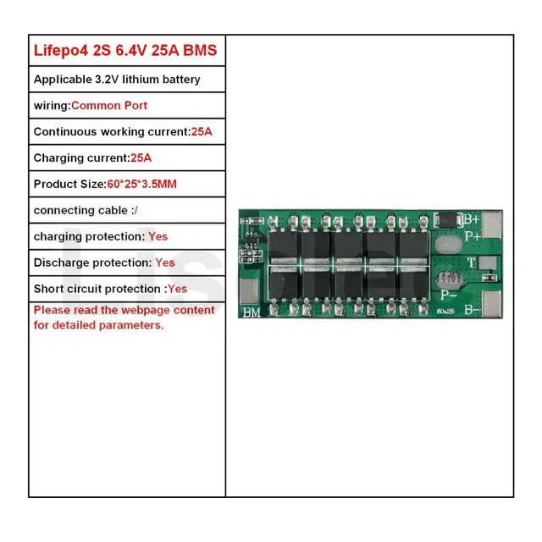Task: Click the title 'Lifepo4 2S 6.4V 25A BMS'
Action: [125, 51]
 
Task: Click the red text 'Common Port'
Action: [109, 106]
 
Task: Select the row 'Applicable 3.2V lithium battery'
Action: [117, 80]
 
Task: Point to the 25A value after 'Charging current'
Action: [141, 158]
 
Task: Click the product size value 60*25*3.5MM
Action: [142, 185]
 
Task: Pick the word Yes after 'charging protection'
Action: [158, 237]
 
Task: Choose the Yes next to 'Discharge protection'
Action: [165, 263]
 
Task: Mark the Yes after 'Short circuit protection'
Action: [177, 290]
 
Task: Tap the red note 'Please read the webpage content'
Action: [124, 311]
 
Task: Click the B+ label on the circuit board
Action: [472, 218]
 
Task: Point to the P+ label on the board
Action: [472, 235]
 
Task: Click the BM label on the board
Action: [252, 312]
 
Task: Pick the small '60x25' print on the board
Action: [446, 311]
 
